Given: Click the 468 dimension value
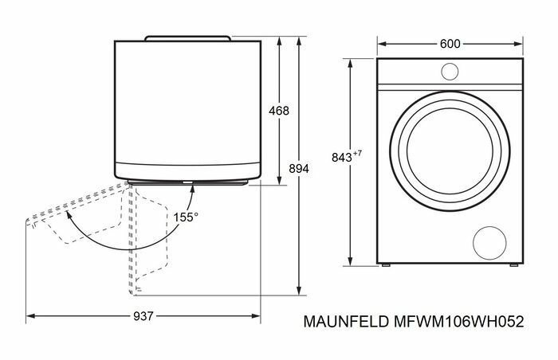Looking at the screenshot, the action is click(279, 111).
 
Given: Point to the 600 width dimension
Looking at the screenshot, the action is click(450, 44).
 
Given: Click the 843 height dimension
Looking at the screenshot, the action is click(341, 158).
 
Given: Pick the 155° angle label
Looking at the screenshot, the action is click(186, 216).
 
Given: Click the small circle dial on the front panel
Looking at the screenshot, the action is click(450, 72).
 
